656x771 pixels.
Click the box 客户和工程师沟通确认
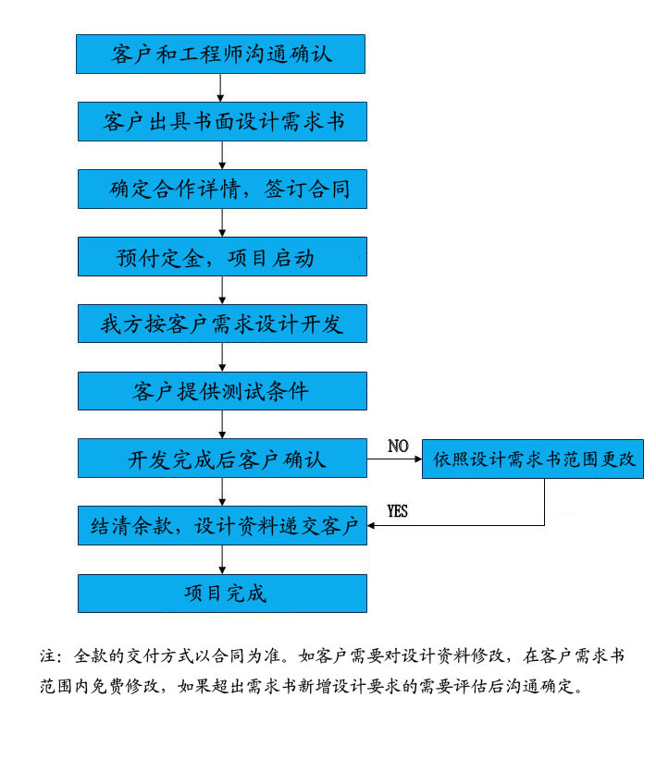pos(220,55)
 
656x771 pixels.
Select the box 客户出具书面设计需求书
pos(222,121)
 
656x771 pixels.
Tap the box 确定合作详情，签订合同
pos(222,189)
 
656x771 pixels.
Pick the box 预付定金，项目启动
pos(222,256)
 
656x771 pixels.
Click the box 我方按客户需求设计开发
pos(222,324)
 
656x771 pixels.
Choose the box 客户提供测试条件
pos(222,391)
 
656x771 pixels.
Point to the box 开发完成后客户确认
pos(222,459)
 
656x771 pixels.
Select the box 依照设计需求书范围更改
pos(533,459)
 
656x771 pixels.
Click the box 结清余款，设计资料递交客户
pos(222,526)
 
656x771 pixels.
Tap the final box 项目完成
pos(222,594)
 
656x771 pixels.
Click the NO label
pos(398,446)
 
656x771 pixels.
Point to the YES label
pos(397,511)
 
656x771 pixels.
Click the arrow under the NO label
pos(395,459)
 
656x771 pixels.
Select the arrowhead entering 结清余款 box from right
pos(371,526)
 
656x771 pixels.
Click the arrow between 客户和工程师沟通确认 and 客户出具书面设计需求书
pos(220,88)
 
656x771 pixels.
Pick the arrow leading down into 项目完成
pos(222,559)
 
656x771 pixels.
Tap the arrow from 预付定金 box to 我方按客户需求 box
pos(222,290)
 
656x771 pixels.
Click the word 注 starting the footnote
pos(48,656)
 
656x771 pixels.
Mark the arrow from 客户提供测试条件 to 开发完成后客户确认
pos(222,424)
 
